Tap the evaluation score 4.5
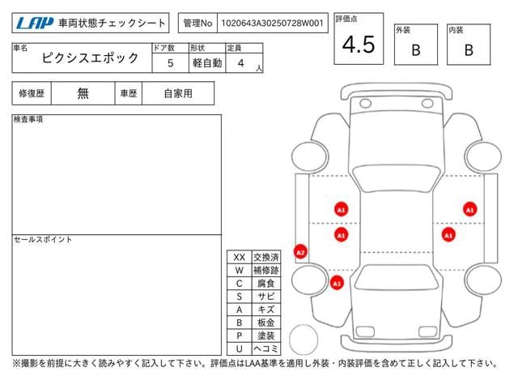click(x=359, y=45)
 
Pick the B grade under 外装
click(x=415, y=50)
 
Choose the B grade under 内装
click(x=469, y=50)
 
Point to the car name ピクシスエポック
click(x=90, y=58)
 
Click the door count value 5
click(x=170, y=62)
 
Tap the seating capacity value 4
click(x=241, y=62)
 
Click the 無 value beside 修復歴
click(x=83, y=93)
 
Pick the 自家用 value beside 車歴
click(x=177, y=93)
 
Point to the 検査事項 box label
click(x=29, y=120)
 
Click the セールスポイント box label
click(x=43, y=240)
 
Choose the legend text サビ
click(x=265, y=297)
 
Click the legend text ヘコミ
click(x=265, y=348)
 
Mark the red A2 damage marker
click(x=300, y=252)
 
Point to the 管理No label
click(x=197, y=24)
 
